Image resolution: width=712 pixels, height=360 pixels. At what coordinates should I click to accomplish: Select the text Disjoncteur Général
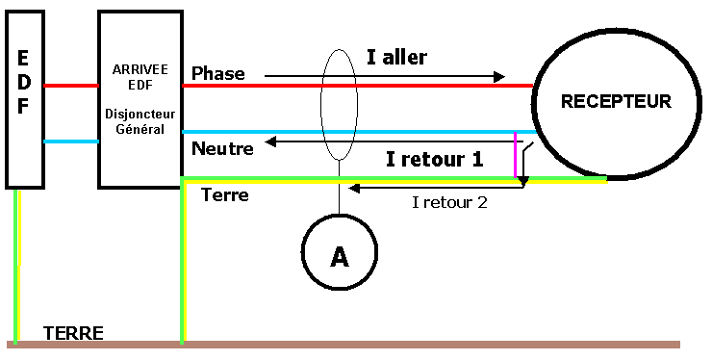point(140,123)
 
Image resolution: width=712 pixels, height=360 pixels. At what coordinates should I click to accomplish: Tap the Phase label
point(218,73)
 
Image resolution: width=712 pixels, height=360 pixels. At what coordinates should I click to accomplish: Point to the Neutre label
point(222,149)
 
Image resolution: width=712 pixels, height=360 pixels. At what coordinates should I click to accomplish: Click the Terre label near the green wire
point(224,195)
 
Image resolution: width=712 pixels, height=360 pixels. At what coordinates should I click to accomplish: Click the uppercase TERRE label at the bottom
point(73,333)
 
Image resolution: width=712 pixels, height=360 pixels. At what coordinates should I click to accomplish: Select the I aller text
point(396,57)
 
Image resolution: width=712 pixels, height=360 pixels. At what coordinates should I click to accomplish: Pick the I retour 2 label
point(449,202)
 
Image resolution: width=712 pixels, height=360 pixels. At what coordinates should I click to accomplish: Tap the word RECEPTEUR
point(616,101)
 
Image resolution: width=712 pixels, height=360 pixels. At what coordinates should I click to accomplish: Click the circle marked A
point(339,255)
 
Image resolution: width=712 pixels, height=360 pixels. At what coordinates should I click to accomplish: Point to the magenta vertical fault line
point(517,156)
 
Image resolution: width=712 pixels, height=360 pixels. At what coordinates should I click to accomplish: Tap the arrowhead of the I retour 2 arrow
point(354,188)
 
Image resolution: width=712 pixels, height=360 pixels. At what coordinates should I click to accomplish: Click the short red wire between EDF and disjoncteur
point(71,85)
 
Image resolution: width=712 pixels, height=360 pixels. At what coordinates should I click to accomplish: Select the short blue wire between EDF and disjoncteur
point(71,141)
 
